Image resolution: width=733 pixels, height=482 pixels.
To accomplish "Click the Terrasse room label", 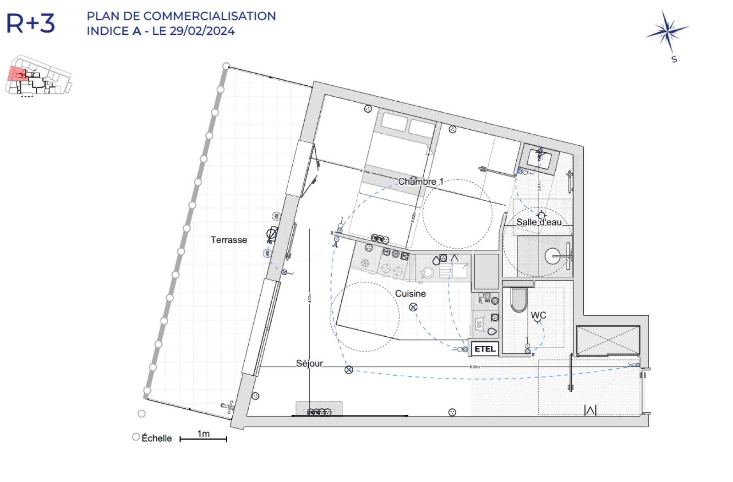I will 229,240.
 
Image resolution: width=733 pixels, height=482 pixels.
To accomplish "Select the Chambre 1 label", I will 420,182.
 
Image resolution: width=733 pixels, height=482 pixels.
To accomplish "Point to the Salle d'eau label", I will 539,222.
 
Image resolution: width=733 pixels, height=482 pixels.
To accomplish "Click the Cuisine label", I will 410,294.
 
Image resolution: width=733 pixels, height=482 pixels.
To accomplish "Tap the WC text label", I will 538,315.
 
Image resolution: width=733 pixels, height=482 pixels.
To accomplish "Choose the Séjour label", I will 309,363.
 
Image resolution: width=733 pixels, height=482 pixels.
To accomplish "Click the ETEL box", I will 485,349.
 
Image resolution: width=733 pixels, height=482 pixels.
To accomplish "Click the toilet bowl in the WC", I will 519,300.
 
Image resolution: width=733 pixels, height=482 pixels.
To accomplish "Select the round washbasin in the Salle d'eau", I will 553,256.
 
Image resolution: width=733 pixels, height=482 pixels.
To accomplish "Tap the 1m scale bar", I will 203,438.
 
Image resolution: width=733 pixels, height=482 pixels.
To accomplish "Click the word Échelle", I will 157,438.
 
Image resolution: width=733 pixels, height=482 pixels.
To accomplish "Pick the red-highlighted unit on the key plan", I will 17,74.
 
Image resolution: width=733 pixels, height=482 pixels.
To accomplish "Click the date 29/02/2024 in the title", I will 202,31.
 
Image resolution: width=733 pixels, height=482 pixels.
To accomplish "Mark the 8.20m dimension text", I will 474,367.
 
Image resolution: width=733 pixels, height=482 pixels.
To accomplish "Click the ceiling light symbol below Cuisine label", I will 413,307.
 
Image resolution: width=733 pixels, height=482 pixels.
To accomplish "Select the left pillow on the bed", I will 394,122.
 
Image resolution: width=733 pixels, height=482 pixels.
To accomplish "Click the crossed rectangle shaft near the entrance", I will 608,340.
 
